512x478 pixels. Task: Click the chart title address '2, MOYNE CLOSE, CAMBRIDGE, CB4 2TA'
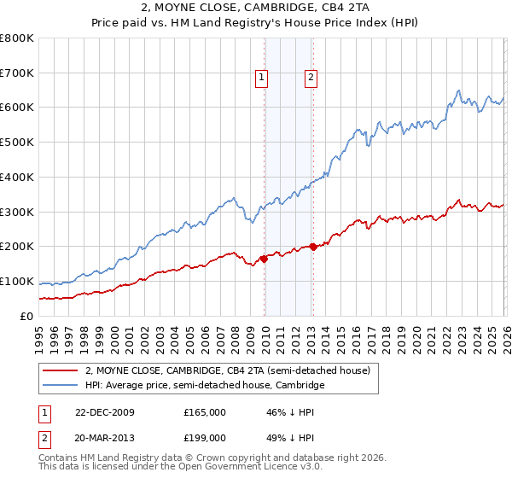255,8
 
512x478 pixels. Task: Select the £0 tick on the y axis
26,316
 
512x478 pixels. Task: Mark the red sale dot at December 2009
264,259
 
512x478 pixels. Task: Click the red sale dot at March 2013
313,247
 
